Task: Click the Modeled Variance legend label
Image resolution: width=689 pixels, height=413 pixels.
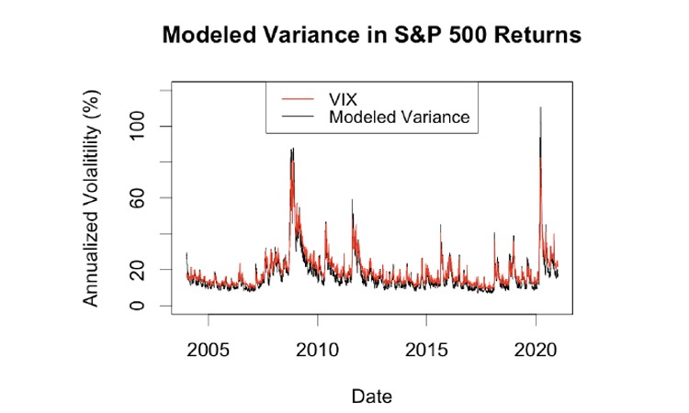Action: click(399, 117)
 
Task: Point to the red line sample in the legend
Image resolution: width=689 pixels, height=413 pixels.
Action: click(293, 98)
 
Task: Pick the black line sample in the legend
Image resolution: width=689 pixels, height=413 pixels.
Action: click(293, 117)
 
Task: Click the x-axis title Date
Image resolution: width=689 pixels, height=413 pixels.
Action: click(371, 396)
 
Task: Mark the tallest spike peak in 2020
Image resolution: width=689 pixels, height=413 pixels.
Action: click(540, 107)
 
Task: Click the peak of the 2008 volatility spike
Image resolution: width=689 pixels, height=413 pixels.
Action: click(292, 149)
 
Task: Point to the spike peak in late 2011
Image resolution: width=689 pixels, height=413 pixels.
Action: click(352, 200)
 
